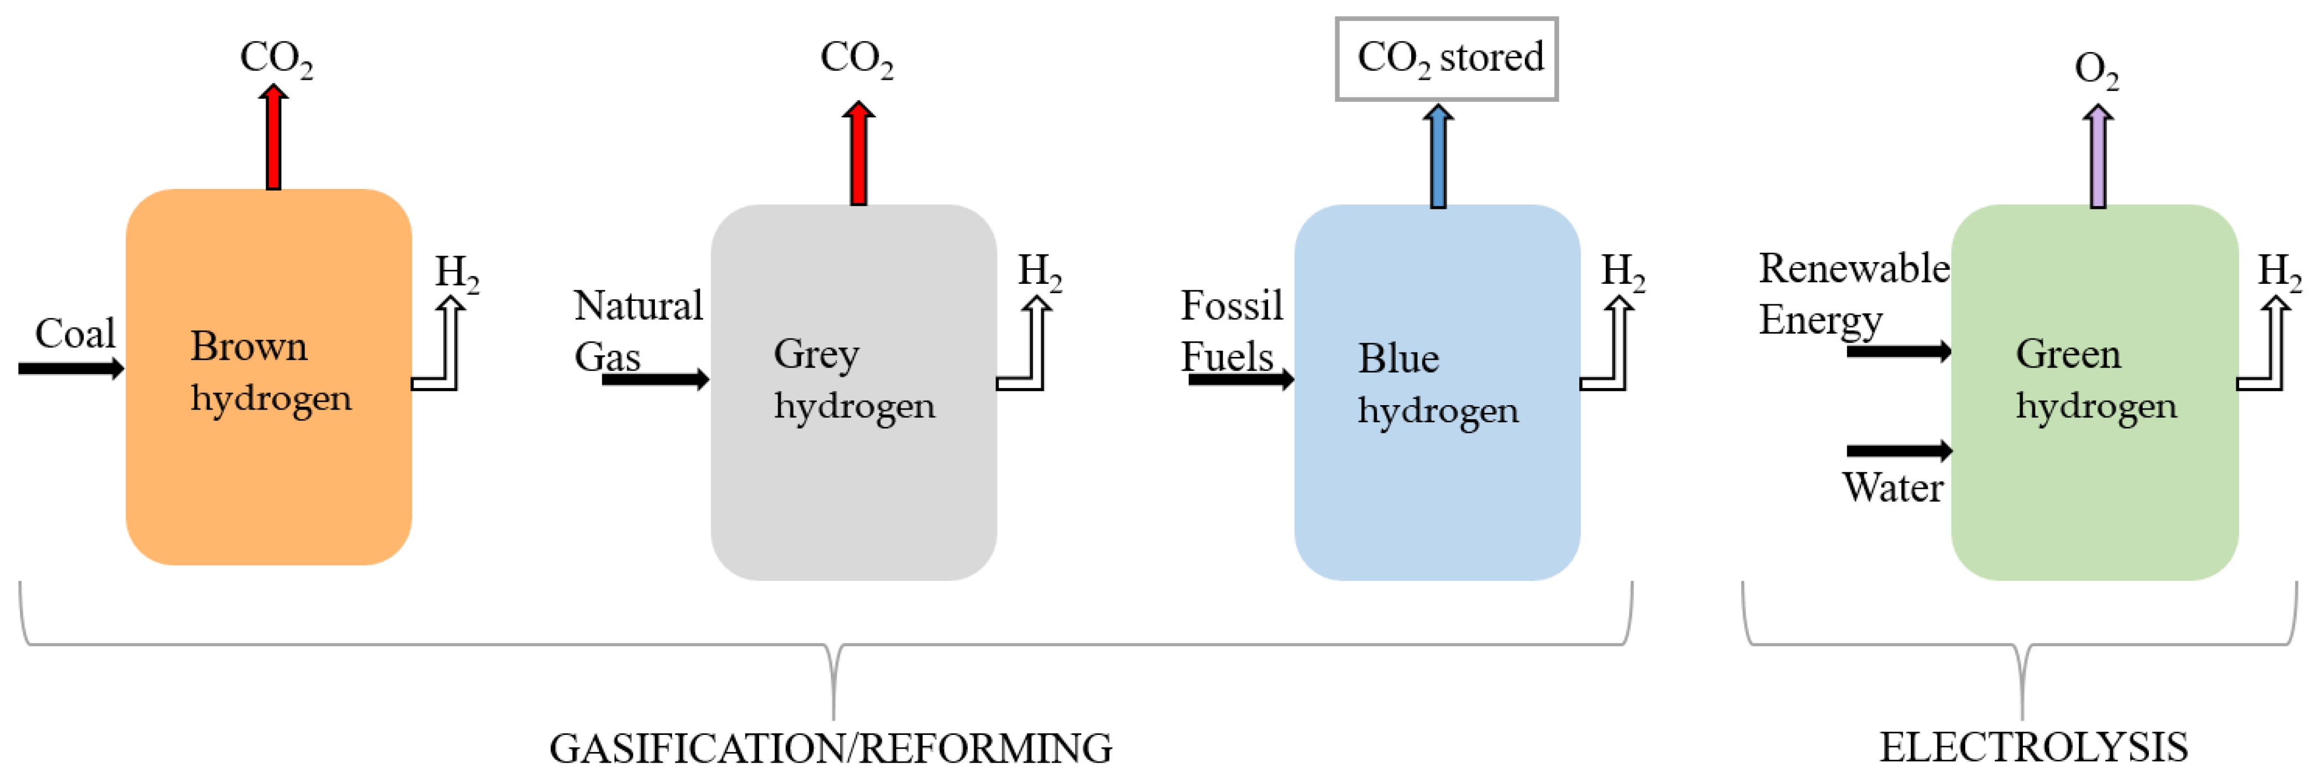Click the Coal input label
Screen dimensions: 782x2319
[75, 334]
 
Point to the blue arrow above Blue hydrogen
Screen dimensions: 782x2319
[1438, 157]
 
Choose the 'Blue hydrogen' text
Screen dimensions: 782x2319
[1437, 384]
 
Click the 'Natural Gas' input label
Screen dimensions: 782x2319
[637, 330]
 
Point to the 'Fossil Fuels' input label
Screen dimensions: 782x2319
[1230, 330]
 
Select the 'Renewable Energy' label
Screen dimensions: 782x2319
[1853, 293]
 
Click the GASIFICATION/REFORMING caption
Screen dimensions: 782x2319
[830, 748]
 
